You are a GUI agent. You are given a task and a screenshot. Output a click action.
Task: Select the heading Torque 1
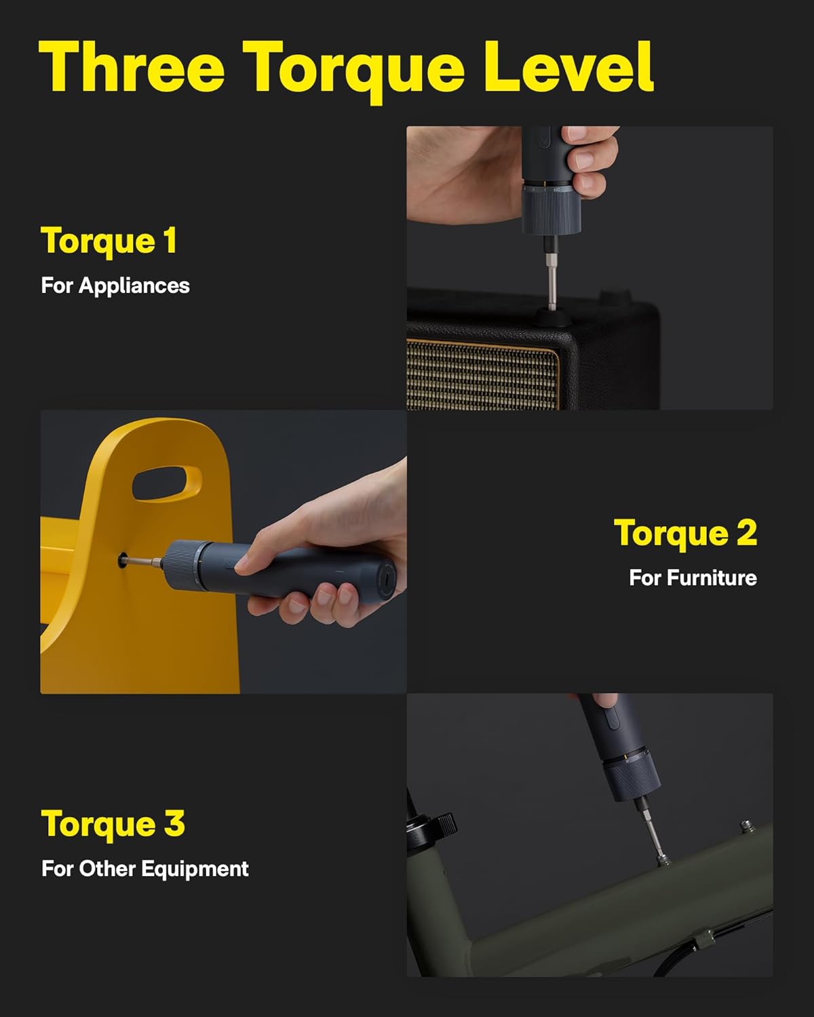(109, 241)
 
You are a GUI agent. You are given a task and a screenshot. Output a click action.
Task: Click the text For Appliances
(115, 285)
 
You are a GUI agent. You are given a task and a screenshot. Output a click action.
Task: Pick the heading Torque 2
(685, 533)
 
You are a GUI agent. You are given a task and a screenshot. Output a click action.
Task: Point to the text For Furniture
(693, 578)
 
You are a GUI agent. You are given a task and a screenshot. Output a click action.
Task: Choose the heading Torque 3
(113, 824)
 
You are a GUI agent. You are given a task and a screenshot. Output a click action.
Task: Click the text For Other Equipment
(144, 869)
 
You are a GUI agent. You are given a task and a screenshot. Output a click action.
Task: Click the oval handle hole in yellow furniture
(166, 483)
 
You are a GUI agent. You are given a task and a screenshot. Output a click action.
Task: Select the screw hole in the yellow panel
(123, 560)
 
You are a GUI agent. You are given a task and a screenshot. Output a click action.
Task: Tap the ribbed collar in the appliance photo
(551, 212)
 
